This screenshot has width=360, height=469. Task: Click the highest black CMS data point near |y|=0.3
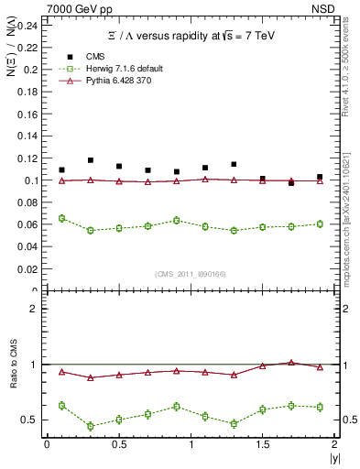(90, 160)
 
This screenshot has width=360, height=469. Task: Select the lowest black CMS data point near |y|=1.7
(291, 183)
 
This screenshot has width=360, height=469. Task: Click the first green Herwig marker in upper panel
(61, 218)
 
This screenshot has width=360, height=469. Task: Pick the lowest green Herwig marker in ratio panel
(90, 426)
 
